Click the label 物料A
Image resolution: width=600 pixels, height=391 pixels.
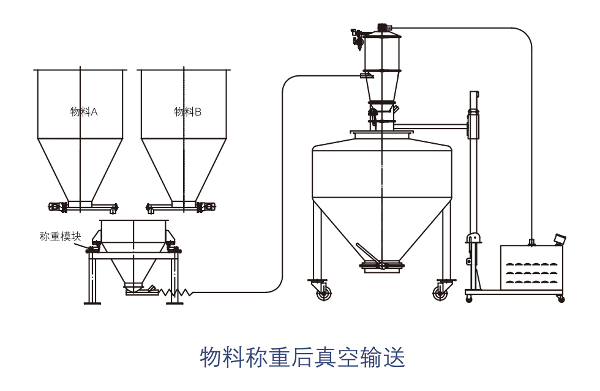(84, 111)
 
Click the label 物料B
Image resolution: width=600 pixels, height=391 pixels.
(187, 111)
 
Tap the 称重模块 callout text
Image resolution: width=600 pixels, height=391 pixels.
(60, 236)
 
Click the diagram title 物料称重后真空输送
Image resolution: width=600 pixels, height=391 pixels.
(302, 357)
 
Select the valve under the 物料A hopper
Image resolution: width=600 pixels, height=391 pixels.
(58, 207)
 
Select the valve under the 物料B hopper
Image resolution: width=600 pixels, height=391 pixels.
(206, 207)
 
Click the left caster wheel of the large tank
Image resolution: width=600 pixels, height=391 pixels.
(323, 293)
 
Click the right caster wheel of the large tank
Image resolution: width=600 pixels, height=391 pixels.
(440, 293)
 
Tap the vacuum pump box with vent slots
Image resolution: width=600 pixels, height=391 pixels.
(531, 267)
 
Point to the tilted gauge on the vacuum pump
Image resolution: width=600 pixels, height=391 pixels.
(560, 239)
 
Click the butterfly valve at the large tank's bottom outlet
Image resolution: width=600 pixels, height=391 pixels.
(381, 265)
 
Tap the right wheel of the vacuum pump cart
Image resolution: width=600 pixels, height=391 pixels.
(561, 299)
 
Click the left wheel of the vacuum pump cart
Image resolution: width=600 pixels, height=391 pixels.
(469, 299)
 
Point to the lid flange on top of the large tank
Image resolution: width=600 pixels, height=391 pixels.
(381, 132)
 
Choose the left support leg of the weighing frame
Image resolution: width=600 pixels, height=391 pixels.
(92, 278)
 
